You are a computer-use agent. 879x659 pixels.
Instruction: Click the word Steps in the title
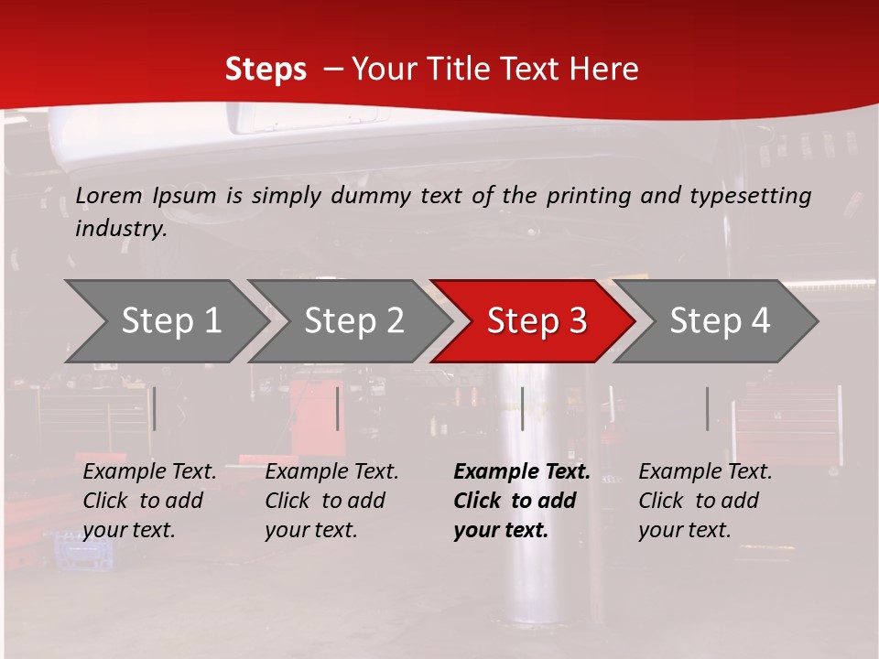(266, 70)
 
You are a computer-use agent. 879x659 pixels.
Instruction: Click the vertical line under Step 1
(155, 408)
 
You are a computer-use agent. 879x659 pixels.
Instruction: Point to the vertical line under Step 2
(338, 408)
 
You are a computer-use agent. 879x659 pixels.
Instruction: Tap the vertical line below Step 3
(522, 408)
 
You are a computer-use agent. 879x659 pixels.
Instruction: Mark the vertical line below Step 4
(707, 408)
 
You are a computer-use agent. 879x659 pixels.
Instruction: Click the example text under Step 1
(149, 501)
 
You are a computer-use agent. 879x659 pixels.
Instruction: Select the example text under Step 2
(331, 501)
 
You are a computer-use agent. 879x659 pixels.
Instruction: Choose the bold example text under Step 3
(521, 501)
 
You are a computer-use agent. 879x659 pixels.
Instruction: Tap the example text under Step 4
(705, 501)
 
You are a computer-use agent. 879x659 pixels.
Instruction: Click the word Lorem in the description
(109, 195)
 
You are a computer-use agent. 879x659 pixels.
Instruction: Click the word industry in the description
(121, 229)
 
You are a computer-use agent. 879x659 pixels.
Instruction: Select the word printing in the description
(584, 195)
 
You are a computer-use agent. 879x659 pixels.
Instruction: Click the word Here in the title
(608, 70)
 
